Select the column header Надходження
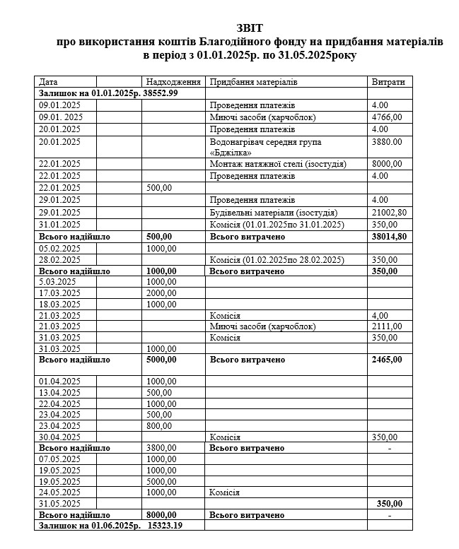point(172,82)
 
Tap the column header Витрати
point(388,82)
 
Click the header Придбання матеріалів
point(254,82)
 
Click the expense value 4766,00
point(387,117)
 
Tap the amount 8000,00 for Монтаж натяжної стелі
point(387,164)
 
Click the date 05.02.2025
point(60,249)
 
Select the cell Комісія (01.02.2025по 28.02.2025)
point(276,260)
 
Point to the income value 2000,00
point(162,293)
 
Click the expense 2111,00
point(387,326)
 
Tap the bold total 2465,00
point(387,360)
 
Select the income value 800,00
point(160,425)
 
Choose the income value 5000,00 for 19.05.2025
point(162,482)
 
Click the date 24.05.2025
point(60,492)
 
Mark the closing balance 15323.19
point(165,526)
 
